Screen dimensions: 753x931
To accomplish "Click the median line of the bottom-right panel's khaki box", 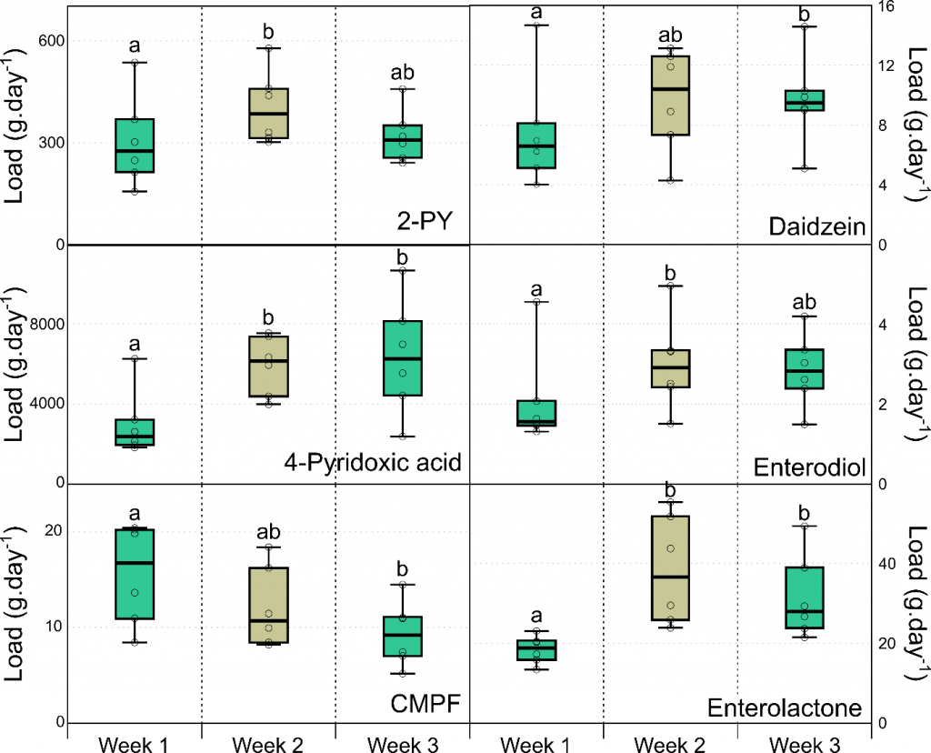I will pos(670,577).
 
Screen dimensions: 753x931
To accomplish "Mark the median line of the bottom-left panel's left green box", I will pos(135,563).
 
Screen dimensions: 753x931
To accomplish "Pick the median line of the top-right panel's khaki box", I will pos(670,89).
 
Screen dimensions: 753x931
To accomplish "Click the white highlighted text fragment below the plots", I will pos(737,708).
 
